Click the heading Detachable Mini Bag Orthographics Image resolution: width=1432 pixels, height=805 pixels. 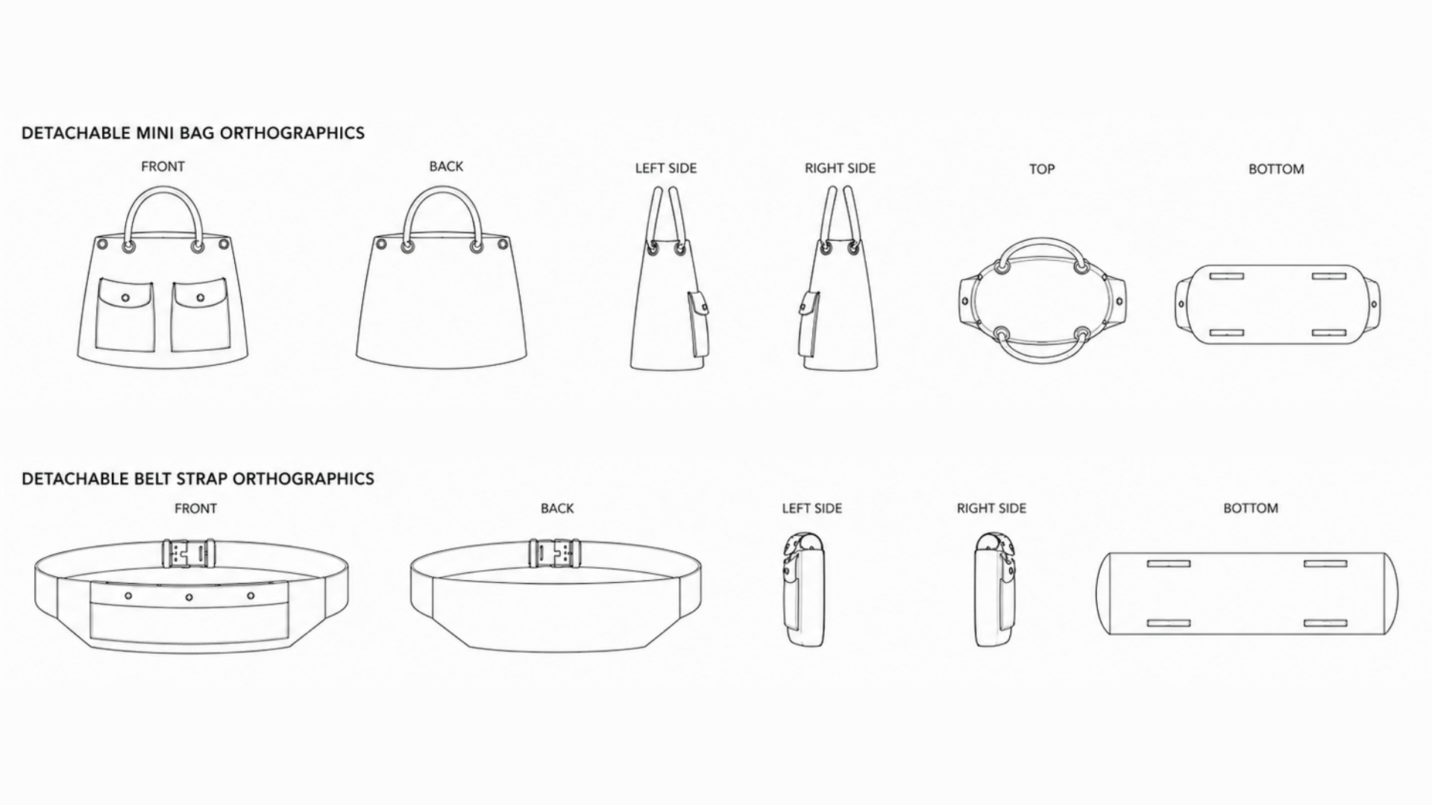point(193,133)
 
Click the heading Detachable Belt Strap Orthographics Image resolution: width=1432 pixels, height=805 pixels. point(198,479)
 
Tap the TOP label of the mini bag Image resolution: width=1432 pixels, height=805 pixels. point(1042,169)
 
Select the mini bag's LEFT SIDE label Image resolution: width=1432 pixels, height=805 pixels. point(666,168)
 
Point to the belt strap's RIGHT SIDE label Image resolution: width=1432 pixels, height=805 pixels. point(991,508)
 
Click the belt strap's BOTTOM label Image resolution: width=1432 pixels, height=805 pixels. point(1251,508)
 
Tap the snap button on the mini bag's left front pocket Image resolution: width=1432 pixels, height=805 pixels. point(125,297)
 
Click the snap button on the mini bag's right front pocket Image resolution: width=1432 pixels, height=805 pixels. point(200,297)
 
